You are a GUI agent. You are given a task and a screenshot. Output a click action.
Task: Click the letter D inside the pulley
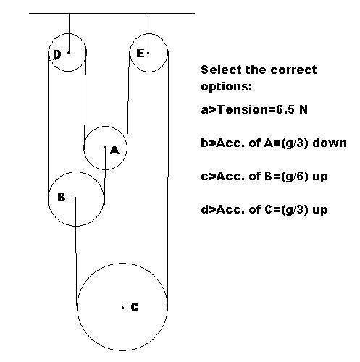point(57,54)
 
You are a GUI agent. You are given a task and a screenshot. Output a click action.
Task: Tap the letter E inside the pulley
point(141,53)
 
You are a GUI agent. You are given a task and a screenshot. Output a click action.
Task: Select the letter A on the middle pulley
point(114,150)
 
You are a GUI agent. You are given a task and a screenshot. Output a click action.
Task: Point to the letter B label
point(62,197)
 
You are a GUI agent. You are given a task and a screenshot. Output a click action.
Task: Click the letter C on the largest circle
point(135,307)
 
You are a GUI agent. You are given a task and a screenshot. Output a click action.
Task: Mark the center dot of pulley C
point(123,308)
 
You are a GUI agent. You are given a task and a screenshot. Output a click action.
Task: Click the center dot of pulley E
point(148,53)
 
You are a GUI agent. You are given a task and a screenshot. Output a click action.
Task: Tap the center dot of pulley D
point(69,52)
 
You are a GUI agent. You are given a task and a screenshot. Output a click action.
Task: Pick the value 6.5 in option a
point(285,110)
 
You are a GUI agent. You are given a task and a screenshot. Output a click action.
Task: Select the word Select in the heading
point(221,70)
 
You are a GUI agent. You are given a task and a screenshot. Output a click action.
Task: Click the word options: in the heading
point(226,87)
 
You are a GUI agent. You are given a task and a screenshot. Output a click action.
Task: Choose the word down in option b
point(330,143)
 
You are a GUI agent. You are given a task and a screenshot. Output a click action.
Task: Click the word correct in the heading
point(293,70)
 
